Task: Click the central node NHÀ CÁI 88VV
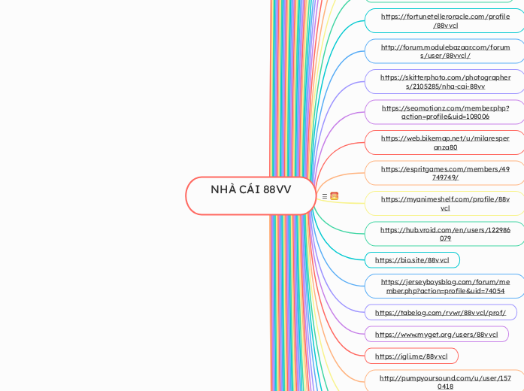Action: [x=250, y=195]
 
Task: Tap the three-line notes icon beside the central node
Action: [x=324, y=196]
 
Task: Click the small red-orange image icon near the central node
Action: [x=334, y=196]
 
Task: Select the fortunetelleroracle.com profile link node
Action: [x=445, y=20]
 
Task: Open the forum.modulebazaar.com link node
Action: [x=445, y=51]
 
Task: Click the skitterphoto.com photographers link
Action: [x=445, y=81]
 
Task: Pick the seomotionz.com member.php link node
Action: [x=445, y=112]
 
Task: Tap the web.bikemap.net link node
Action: [x=445, y=142]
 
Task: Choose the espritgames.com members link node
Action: [x=445, y=173]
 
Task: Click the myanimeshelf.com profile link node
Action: [x=445, y=203]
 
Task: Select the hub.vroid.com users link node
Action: [x=445, y=234]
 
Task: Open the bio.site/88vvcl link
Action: [x=412, y=260]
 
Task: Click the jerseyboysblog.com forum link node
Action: [x=445, y=286]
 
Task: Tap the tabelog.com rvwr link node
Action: [x=441, y=313]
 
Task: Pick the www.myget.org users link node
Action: [x=436, y=335]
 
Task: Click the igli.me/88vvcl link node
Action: [x=411, y=356]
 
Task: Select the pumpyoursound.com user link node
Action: [x=445, y=381]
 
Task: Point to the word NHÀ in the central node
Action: [x=223, y=189]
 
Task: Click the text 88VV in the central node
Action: [x=277, y=189]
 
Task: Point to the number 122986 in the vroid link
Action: [x=492, y=230]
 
